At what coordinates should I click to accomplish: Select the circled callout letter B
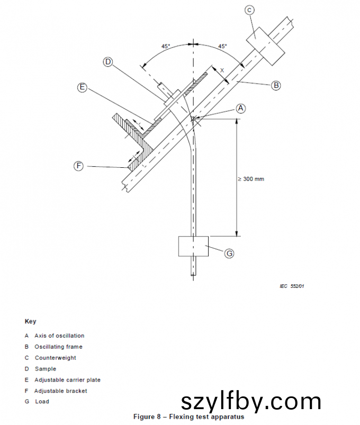(276, 85)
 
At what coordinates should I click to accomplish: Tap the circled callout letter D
(108, 62)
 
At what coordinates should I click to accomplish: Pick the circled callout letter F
(78, 166)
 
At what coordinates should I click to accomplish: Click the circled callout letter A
(241, 108)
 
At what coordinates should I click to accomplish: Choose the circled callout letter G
(229, 254)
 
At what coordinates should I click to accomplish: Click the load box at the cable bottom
(194, 246)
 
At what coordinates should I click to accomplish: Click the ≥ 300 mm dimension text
(251, 179)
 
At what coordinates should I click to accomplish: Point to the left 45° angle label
(166, 47)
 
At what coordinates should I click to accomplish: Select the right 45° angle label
(222, 47)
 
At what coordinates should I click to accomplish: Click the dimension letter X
(222, 70)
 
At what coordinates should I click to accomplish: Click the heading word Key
(30, 321)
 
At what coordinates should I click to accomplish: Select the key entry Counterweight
(55, 358)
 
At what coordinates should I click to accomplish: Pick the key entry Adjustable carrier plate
(67, 380)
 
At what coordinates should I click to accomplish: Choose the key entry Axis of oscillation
(59, 336)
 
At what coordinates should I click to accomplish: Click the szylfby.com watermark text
(251, 402)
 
